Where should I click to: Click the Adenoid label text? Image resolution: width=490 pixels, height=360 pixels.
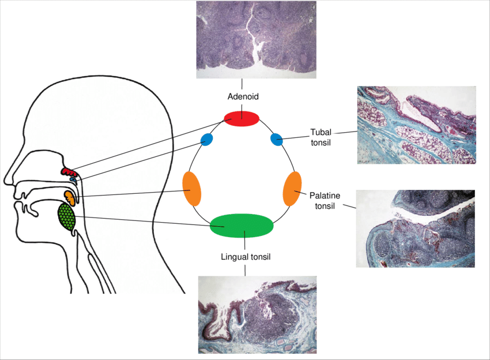(242, 97)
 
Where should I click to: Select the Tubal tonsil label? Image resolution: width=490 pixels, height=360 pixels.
(321, 137)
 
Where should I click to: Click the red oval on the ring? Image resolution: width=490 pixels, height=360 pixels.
(242, 118)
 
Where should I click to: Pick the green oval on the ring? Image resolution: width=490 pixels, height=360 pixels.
(242, 225)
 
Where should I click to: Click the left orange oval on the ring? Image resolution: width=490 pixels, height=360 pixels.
(191, 188)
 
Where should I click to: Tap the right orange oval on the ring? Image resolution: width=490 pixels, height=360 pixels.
(292, 188)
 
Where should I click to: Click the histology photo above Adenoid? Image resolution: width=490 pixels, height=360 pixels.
(256, 39)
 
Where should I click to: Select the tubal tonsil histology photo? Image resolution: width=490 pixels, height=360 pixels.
(417, 125)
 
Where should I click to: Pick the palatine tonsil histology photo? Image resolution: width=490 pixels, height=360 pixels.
(416, 228)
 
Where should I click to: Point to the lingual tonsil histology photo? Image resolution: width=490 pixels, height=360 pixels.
(257, 314)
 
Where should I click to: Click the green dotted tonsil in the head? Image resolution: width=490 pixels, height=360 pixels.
(67, 217)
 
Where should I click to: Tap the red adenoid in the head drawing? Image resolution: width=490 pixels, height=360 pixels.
(69, 171)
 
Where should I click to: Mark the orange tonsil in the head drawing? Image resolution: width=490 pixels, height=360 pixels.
(70, 197)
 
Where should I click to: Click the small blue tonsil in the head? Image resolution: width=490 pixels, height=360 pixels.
(73, 179)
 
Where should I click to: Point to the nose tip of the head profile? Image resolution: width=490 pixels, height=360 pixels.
(5, 179)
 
